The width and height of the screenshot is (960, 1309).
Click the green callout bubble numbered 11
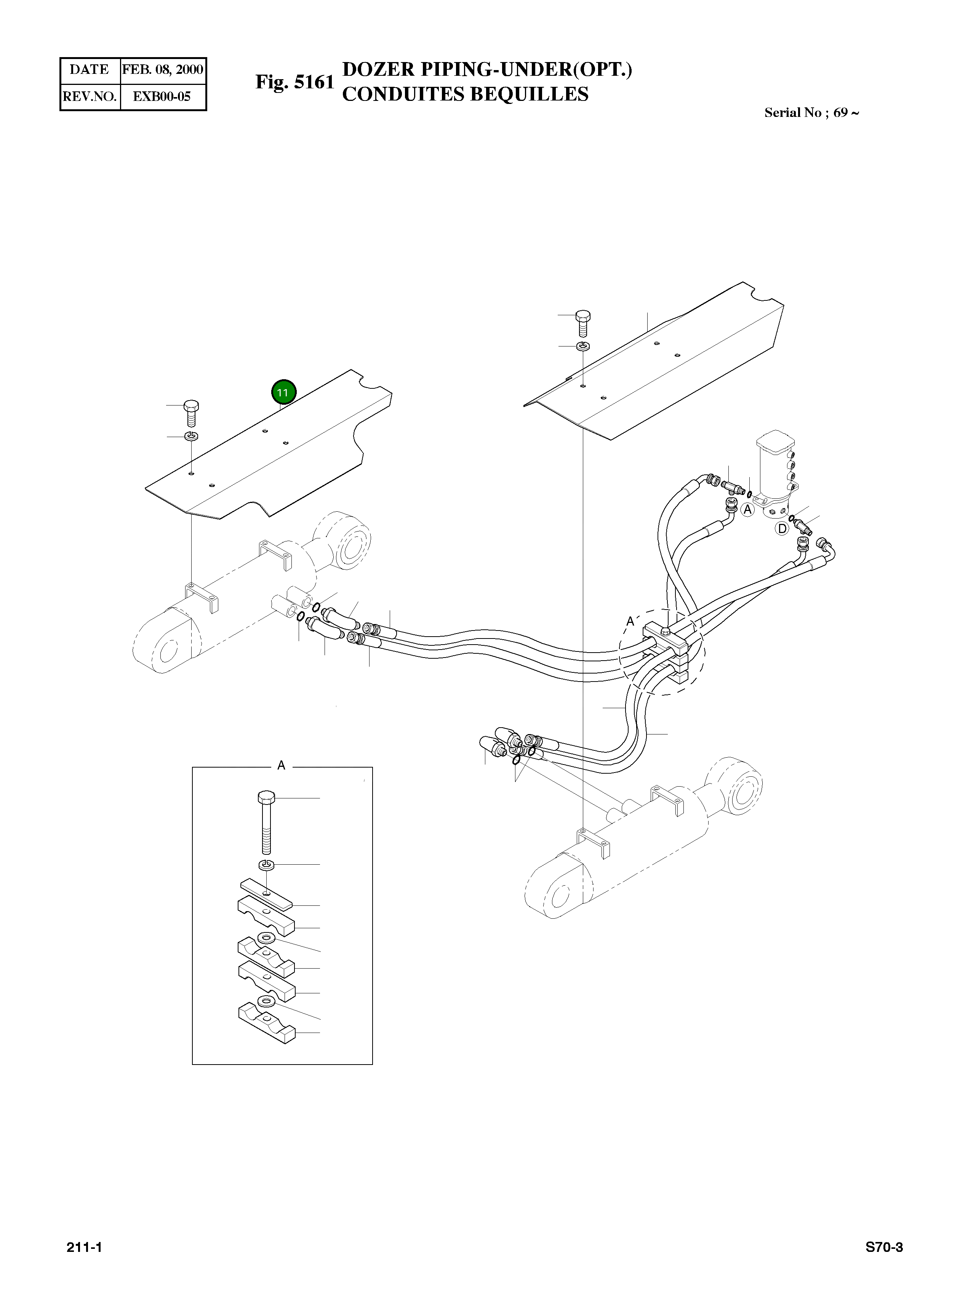pyautogui.click(x=283, y=393)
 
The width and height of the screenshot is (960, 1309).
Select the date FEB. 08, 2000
pyautogui.click(x=162, y=70)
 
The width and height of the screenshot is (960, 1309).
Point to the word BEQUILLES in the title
pyautogui.click(x=529, y=94)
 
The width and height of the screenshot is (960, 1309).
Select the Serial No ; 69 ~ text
pyautogui.click(x=811, y=113)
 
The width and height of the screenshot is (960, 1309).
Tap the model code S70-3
pyautogui.click(x=884, y=1247)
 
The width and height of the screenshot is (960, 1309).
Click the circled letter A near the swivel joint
pyautogui.click(x=747, y=509)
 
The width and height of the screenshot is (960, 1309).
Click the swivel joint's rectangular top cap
pyautogui.click(x=776, y=441)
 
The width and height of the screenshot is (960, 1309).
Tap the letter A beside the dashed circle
pyautogui.click(x=630, y=621)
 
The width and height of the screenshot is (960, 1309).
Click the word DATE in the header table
pyautogui.click(x=90, y=70)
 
